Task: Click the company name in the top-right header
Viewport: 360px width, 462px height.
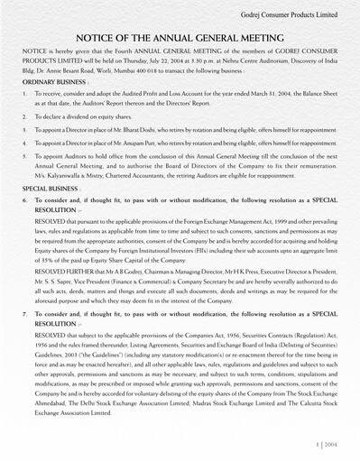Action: point(289,16)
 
